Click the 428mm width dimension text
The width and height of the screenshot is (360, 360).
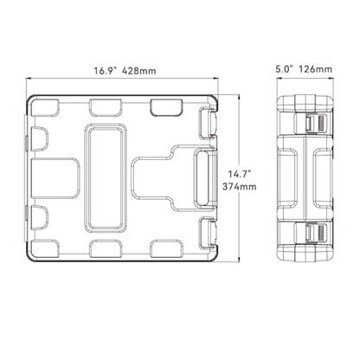(x=138, y=71)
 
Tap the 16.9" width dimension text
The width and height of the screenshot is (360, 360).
(x=104, y=71)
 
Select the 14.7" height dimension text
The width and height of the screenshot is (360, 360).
(x=240, y=174)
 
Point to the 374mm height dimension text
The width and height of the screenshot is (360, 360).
(x=239, y=187)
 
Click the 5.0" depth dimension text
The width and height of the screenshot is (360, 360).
(x=285, y=69)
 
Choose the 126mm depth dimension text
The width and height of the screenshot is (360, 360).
(x=315, y=69)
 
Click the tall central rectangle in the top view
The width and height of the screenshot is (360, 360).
(x=106, y=178)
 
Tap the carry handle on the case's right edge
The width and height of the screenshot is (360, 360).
(x=205, y=178)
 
